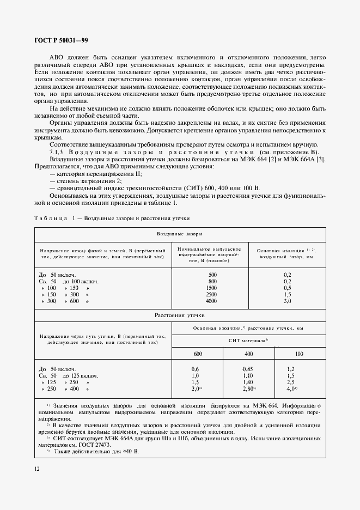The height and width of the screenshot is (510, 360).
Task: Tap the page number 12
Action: (x=37, y=469)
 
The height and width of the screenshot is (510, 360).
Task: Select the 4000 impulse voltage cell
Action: (x=212, y=301)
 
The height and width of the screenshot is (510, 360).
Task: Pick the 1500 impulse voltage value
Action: (x=212, y=287)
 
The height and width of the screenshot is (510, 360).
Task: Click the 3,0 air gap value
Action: (x=288, y=301)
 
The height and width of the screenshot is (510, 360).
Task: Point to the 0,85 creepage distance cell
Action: (x=248, y=369)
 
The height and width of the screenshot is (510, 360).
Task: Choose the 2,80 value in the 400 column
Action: (x=248, y=389)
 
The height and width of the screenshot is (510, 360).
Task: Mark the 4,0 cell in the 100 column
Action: (x=291, y=389)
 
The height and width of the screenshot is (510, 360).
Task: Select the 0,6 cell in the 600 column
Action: (x=196, y=369)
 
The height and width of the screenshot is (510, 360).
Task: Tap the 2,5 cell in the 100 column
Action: (x=291, y=382)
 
